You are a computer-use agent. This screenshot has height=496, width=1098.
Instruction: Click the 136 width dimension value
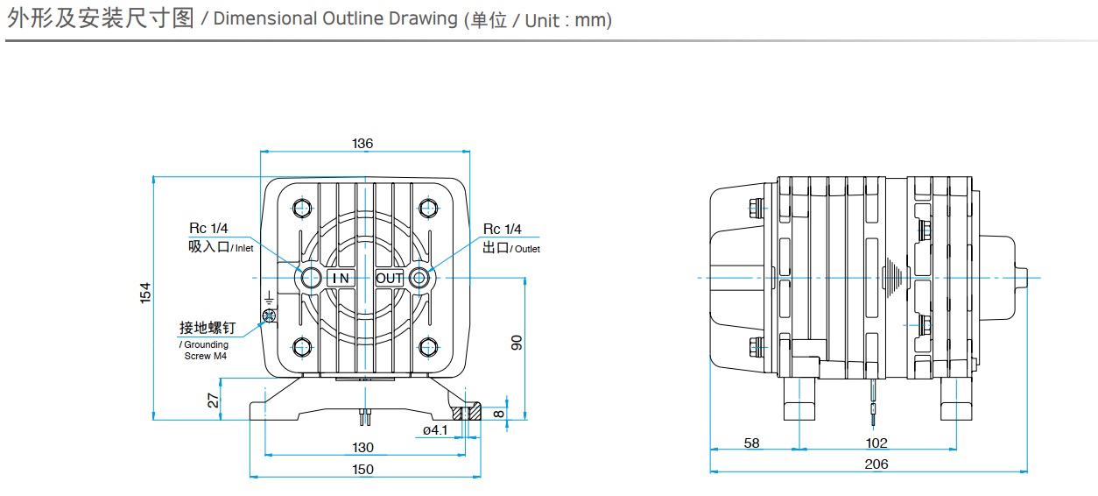pos(362,143)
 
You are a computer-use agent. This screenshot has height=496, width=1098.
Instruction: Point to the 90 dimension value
pos(516,343)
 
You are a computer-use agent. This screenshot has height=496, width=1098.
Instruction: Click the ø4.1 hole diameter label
pos(434,430)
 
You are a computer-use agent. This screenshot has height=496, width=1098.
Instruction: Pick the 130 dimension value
pos(362,447)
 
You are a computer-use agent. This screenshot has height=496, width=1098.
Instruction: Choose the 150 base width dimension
pos(362,469)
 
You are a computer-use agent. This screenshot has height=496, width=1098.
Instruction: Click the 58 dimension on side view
pos(751,443)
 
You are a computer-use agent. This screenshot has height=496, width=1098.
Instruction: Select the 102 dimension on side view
pos(876,443)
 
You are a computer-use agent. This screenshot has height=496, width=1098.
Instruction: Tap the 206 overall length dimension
pos(876,464)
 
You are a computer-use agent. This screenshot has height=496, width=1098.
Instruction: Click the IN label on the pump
pos(340,278)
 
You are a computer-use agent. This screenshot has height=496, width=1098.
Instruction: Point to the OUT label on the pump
pos(390,278)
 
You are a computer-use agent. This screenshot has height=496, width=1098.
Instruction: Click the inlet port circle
pos(311,278)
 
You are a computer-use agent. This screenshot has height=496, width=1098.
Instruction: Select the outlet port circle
pos(420,278)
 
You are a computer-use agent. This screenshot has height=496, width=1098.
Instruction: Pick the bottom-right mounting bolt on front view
pos(428,347)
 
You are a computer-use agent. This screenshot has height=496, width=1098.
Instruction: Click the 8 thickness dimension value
pos(498,412)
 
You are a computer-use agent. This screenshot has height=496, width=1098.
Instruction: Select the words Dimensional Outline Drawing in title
pos(334,19)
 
